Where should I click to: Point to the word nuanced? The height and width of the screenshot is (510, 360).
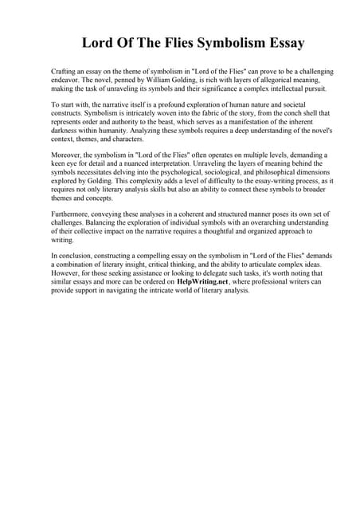pyautogui.click(x=162, y=164)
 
